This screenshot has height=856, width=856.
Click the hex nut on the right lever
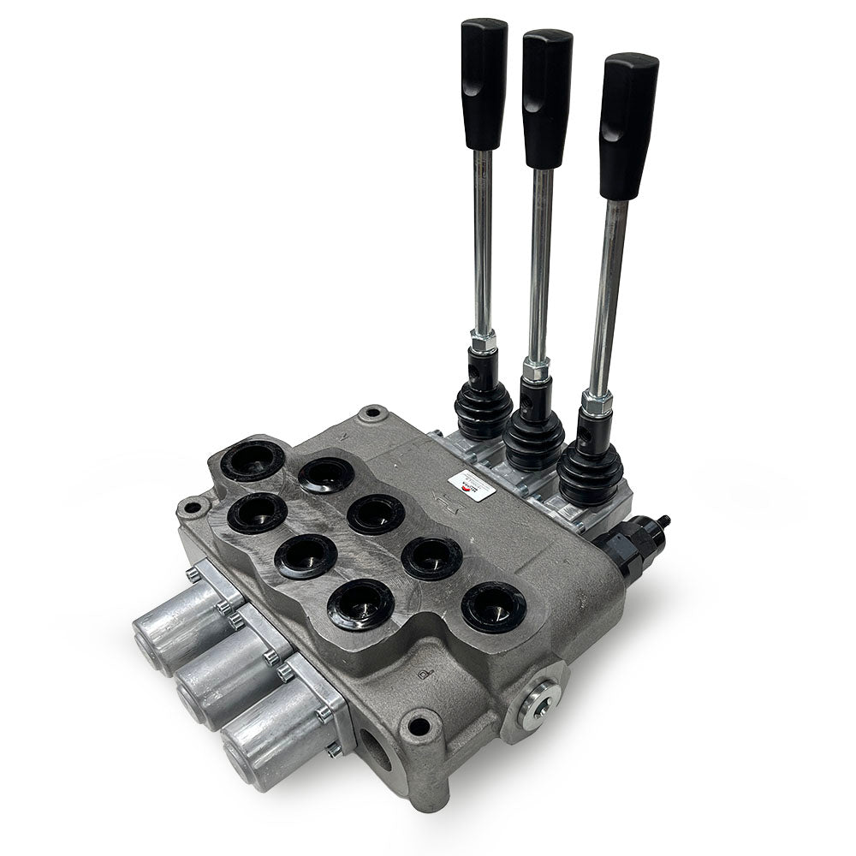click(597, 399)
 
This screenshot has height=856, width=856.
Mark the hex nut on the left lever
click(483, 342)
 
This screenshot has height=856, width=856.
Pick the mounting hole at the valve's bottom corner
click(419, 727)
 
